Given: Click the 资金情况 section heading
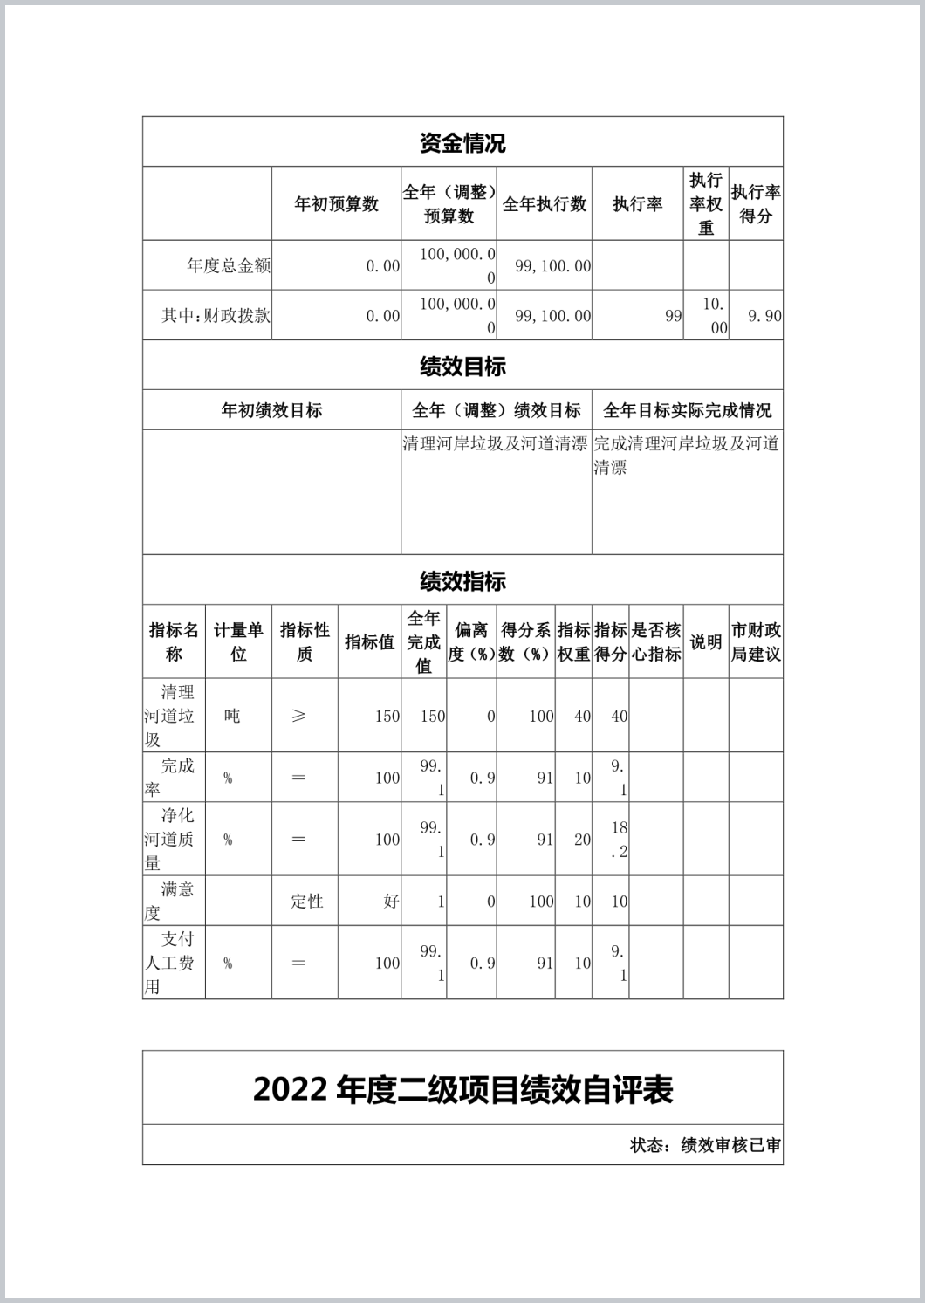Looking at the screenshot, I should (462, 143).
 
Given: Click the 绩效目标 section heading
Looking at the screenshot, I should (462, 367).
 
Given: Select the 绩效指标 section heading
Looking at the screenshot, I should (462, 581).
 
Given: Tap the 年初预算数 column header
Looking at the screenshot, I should (336, 204).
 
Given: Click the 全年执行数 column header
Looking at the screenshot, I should (545, 204).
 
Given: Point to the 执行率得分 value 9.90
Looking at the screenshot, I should (764, 316).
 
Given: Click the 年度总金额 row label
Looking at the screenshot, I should (229, 266).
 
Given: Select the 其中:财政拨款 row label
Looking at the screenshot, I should (216, 316).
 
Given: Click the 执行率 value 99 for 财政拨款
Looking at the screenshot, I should (673, 316).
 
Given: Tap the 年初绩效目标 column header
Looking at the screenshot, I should (271, 410).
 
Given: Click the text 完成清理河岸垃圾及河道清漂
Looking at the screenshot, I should (686, 455).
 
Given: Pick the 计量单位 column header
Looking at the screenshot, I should (238, 641).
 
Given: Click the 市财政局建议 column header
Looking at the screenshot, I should (756, 641).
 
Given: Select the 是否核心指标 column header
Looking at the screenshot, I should (656, 641).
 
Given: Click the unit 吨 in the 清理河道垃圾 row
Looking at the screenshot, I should (232, 716).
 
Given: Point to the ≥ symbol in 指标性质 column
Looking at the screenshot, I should (298, 716).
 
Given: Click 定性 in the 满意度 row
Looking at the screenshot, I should (307, 902).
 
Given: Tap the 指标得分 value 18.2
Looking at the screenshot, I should (619, 840).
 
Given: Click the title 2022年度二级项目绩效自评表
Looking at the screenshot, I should (462, 1090).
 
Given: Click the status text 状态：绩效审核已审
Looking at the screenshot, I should (705, 1145).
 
